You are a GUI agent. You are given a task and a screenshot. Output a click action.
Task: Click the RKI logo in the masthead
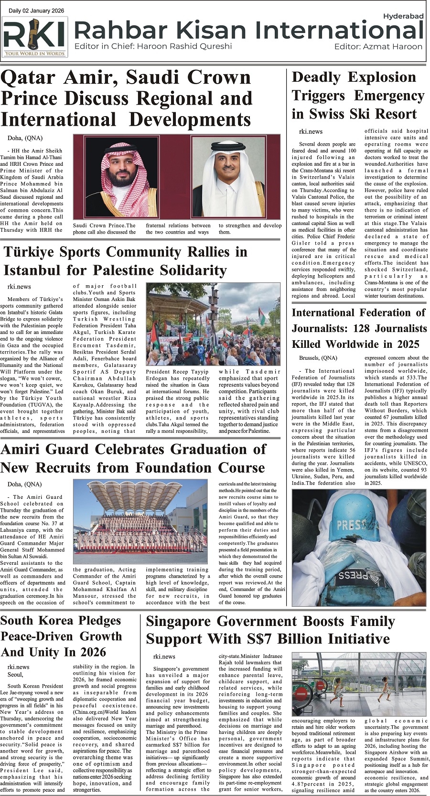[x=35, y=37]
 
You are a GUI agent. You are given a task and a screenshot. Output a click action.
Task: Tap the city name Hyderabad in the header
[x=403, y=16]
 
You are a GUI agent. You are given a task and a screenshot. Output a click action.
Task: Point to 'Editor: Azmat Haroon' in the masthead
[x=378, y=46]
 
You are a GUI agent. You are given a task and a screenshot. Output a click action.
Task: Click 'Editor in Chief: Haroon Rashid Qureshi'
[x=153, y=46]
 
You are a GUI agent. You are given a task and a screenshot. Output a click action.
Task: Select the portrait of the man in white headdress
[x=235, y=176]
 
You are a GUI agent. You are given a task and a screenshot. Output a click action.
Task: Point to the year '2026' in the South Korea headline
[x=100, y=652]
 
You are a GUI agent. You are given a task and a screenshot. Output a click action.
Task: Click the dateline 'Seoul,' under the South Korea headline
[x=15, y=674]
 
